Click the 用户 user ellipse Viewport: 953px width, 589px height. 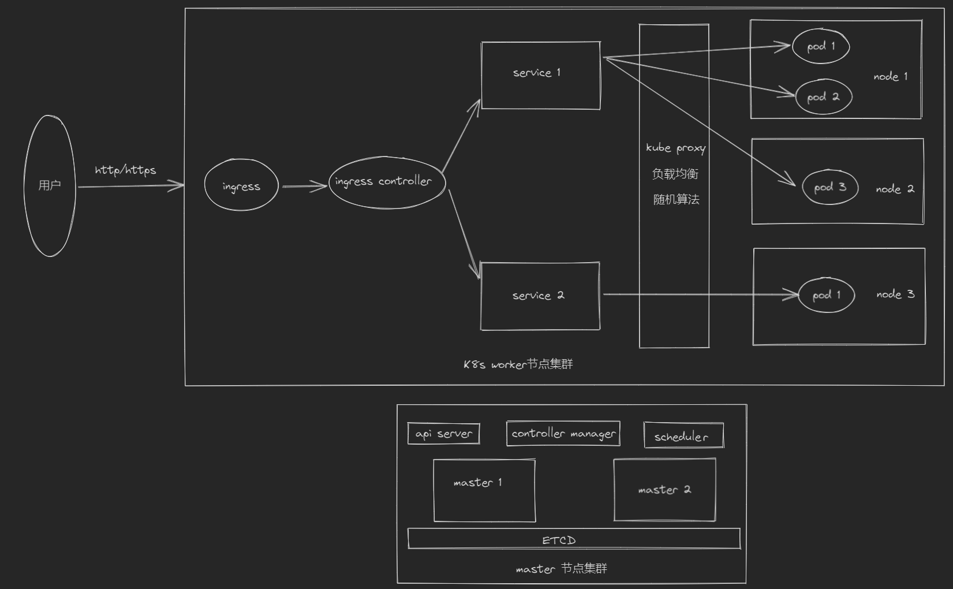[x=50, y=185]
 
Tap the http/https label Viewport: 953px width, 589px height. [x=125, y=170]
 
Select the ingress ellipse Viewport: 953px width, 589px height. [x=241, y=186]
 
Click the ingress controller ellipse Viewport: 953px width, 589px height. [x=386, y=182]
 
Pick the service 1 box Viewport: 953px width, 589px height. [x=540, y=75]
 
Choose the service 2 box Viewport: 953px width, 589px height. [x=540, y=296]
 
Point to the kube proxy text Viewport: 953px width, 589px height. [x=675, y=148]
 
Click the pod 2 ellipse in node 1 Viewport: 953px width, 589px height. [x=823, y=96]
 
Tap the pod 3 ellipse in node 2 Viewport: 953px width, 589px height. [x=829, y=187]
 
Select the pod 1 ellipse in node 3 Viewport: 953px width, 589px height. [x=826, y=295]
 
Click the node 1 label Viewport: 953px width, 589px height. [x=890, y=76]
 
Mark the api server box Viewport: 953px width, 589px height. [x=443, y=434]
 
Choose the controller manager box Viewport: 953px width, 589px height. [x=563, y=434]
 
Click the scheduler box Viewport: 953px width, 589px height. [x=683, y=436]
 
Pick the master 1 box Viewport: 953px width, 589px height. [x=484, y=490]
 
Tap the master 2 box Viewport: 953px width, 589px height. [x=664, y=490]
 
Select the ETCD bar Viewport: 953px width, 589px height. [x=573, y=539]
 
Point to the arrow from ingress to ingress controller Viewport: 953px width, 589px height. [x=304, y=186]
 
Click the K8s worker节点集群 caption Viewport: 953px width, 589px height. [x=518, y=364]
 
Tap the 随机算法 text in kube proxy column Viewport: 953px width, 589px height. [x=676, y=200]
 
